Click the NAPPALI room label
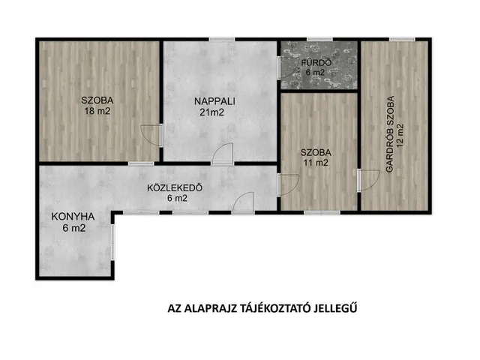click(x=210, y=100)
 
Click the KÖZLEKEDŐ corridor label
click(x=175, y=187)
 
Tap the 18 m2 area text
click(x=97, y=112)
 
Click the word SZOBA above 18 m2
click(x=97, y=100)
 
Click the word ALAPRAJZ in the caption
click(x=211, y=308)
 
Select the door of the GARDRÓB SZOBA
click(x=368, y=181)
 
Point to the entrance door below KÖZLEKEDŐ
click(x=243, y=203)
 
